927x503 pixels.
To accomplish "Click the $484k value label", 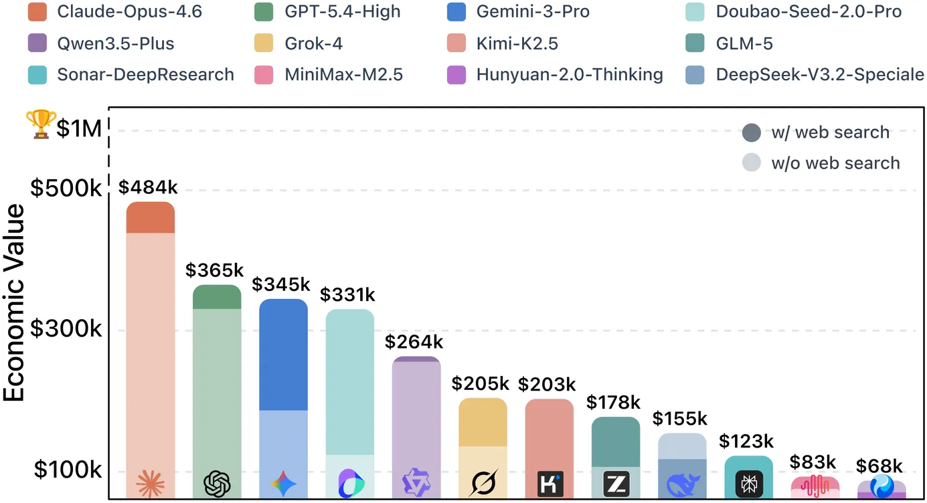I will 148,187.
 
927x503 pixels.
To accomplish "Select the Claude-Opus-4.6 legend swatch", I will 38,11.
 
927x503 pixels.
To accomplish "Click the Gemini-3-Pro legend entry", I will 519,11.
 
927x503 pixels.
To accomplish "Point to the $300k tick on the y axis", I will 67,330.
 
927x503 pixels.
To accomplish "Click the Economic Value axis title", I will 14,302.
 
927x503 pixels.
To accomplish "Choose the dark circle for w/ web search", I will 752,132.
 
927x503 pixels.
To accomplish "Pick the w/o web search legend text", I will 835,163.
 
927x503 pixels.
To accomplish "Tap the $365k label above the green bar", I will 214,270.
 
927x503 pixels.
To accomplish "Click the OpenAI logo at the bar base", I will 217,483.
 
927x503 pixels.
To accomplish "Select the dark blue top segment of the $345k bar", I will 283,355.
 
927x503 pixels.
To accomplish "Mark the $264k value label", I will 414,342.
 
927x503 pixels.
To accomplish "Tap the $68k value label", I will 879,466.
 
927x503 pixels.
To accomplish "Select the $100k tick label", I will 67,470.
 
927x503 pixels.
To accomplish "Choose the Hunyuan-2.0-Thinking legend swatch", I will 456,74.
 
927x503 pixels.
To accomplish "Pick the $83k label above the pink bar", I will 813,462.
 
